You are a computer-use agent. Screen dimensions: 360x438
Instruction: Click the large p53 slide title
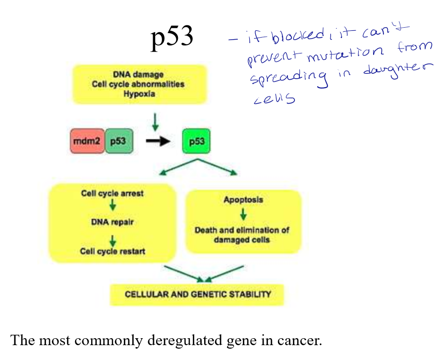pyautogui.click(x=171, y=38)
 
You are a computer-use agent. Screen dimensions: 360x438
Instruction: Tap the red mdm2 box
pyautogui.click(x=87, y=142)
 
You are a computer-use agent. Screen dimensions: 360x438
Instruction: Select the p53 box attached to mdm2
pyautogui.click(x=118, y=142)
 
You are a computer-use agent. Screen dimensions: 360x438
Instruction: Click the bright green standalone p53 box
pyautogui.click(x=196, y=142)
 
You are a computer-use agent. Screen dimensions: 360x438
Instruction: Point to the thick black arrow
pyautogui.click(x=158, y=142)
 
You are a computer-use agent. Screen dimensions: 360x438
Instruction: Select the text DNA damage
pyautogui.click(x=138, y=75)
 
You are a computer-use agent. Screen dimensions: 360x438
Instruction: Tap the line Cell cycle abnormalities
pyautogui.click(x=138, y=84)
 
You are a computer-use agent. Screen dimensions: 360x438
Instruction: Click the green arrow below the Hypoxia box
pyautogui.click(x=156, y=121)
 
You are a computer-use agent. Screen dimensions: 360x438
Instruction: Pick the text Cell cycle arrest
pyautogui.click(x=112, y=193)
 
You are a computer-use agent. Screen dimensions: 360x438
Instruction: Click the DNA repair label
pyautogui.click(x=112, y=222)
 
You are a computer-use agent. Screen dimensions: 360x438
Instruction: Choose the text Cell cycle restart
pyautogui.click(x=112, y=251)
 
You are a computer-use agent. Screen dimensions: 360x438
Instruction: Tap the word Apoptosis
pyautogui.click(x=243, y=200)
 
